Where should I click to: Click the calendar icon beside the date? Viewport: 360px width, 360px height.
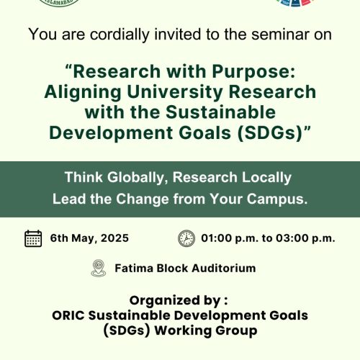click(x=33, y=238)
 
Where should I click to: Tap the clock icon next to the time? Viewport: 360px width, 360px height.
click(x=186, y=238)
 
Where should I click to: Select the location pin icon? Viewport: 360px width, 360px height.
click(x=99, y=268)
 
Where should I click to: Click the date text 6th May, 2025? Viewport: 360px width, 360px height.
click(x=89, y=238)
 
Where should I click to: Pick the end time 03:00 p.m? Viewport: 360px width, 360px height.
click(x=305, y=238)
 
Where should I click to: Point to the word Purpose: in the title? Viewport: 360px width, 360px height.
click(x=253, y=72)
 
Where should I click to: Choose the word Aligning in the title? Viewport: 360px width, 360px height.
click(x=83, y=92)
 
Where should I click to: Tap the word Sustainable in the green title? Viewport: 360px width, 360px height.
click(x=220, y=112)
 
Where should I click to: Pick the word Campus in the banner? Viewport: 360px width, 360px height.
click(x=277, y=199)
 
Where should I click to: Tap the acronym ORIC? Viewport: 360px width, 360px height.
click(x=68, y=315)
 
